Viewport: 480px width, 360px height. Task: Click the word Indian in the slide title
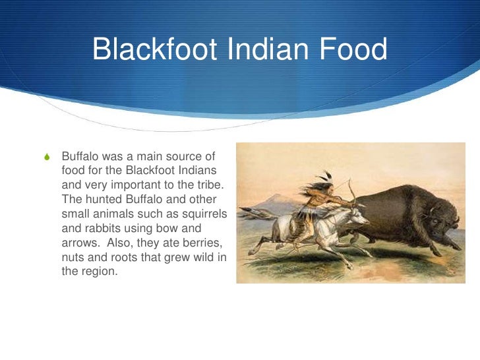262,51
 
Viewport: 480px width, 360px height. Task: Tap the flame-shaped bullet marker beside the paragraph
45,158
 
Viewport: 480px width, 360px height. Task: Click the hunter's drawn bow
351,190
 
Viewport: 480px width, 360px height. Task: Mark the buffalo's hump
412,191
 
